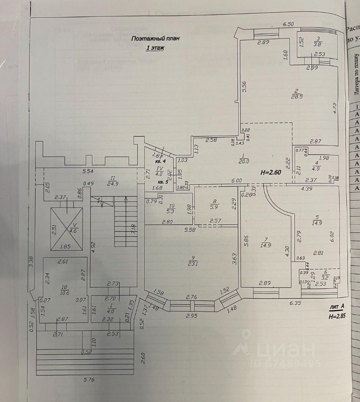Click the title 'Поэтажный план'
click(x=155, y=38)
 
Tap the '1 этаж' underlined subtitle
click(x=155, y=48)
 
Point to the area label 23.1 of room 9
click(x=193, y=265)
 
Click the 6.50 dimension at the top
click(x=288, y=25)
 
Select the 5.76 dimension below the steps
click(x=88, y=380)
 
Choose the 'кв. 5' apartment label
click(x=162, y=182)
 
